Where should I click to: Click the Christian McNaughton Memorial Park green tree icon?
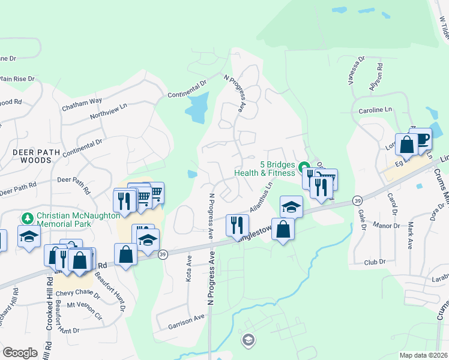tap(27, 217)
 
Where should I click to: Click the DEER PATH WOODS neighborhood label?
tap(37, 157)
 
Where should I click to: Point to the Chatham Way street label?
tap(82, 105)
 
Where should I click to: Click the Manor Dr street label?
tap(387, 226)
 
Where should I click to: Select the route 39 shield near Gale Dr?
tap(357, 200)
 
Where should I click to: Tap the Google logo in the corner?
tap(20, 353)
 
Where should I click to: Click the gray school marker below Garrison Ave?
tap(247, 341)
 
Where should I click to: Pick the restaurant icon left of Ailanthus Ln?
tap(237, 224)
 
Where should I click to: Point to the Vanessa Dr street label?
tap(355, 72)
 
